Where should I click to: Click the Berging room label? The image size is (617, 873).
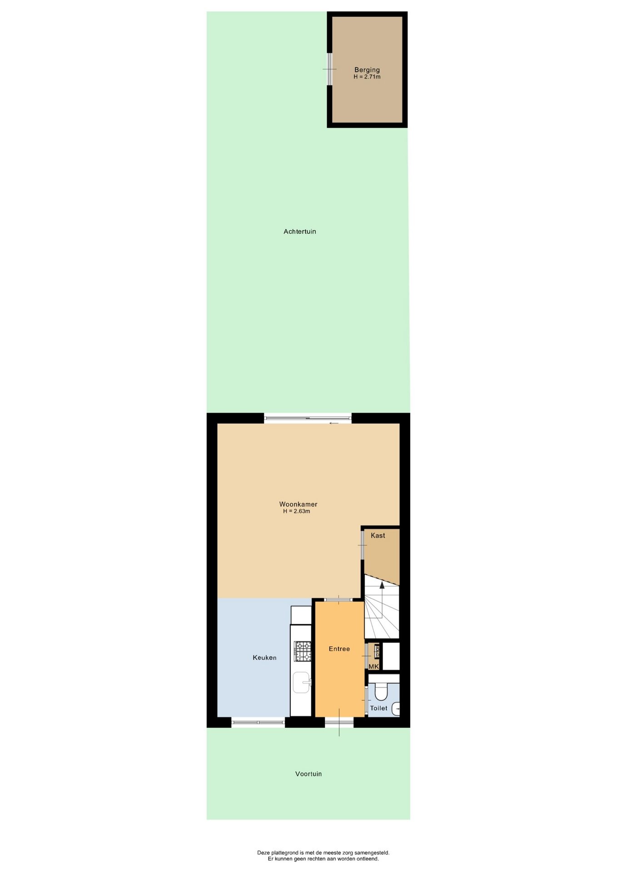click(367, 70)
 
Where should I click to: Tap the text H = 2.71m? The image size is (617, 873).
click(367, 77)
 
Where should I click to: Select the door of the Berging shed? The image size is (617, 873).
click(329, 69)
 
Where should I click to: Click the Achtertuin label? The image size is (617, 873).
click(300, 231)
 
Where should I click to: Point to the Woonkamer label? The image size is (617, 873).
click(298, 504)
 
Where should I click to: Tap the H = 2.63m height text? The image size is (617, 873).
click(297, 511)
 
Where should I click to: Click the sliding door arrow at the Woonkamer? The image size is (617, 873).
click(334, 423)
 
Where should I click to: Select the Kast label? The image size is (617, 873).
click(378, 536)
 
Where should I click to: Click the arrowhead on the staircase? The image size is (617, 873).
click(382, 585)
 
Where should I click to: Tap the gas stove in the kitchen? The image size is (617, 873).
click(303, 651)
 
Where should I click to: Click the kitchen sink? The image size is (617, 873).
click(302, 682)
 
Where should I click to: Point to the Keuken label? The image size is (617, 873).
click(264, 657)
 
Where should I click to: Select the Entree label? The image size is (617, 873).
click(339, 649)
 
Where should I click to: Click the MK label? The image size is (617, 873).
click(373, 667)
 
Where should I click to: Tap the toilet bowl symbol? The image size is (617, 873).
click(381, 692)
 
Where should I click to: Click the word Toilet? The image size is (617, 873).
click(378, 708)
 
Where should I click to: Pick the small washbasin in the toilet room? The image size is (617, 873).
click(396, 708)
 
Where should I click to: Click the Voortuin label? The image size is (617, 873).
click(308, 774)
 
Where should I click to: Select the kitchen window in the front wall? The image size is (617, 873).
click(258, 722)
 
